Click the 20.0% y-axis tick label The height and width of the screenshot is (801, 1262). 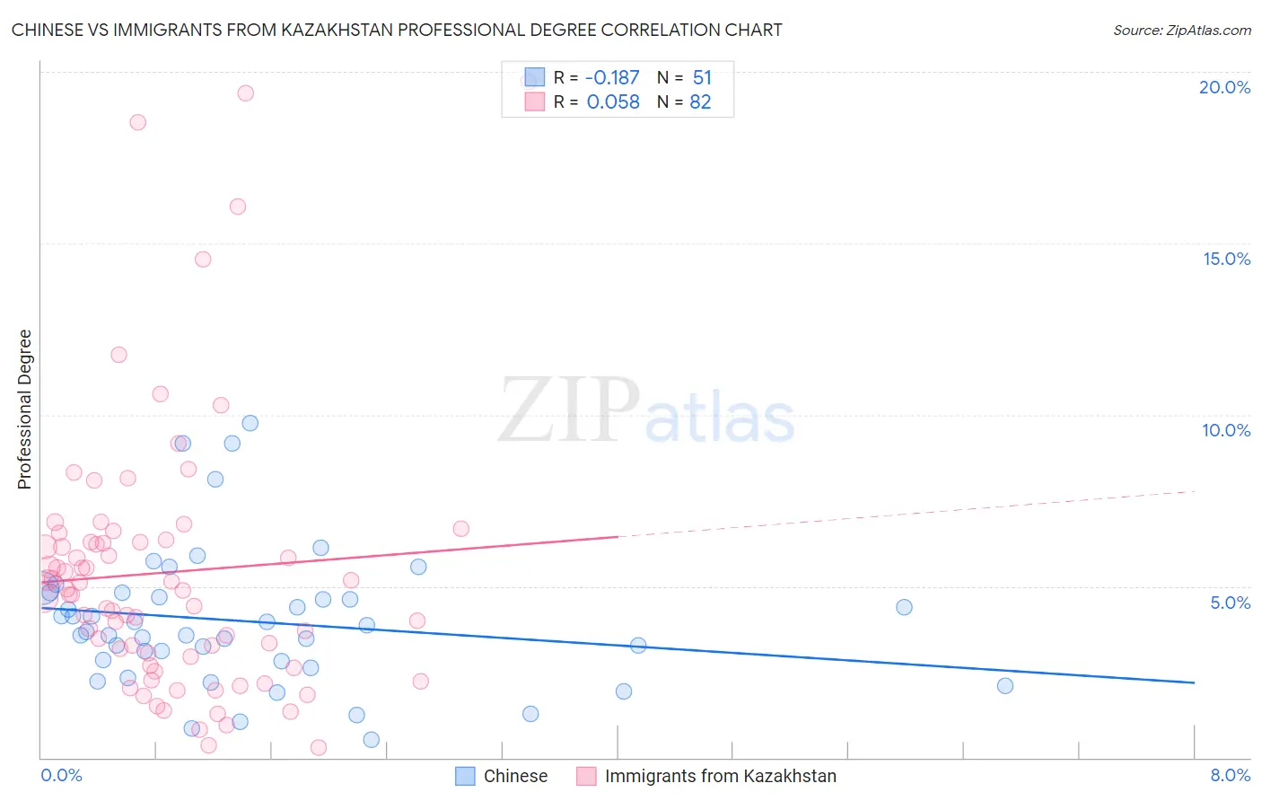tap(1224, 87)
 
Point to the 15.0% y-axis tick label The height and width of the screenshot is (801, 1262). tap(1226, 259)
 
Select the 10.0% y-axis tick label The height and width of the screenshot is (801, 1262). tap(1226, 430)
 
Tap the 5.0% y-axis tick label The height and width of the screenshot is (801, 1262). tap(1230, 603)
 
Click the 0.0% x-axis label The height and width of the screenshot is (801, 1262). tap(61, 776)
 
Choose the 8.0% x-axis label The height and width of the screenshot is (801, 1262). tap(1230, 776)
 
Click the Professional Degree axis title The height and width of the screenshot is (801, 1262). tap(24, 409)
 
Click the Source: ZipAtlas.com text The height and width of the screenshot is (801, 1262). tap(1181, 30)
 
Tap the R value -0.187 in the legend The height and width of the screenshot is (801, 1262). tap(612, 78)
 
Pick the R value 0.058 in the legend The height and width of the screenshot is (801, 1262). tap(613, 102)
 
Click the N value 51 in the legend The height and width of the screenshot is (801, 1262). tap(702, 78)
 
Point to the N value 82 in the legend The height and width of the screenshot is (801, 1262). tap(700, 102)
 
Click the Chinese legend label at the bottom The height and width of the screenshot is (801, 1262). tap(515, 777)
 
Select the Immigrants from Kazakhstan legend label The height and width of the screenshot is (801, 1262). tap(720, 777)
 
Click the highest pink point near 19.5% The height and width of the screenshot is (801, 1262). tap(245, 93)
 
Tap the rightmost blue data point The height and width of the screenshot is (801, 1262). tap(1005, 686)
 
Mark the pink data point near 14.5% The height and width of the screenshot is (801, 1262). tap(203, 260)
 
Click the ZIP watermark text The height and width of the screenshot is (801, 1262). tap(569, 409)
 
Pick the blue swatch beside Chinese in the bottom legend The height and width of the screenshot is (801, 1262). tap(465, 777)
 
